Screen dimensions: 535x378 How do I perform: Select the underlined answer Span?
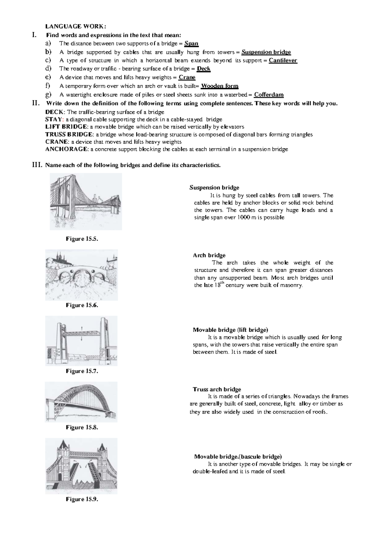pos(191,44)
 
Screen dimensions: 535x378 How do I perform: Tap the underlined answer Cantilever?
pos(283,61)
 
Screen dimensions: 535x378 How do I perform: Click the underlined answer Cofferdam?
pos(269,95)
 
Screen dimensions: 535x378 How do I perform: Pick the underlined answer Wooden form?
pos(220,86)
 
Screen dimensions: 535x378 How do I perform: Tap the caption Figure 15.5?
pos(82,239)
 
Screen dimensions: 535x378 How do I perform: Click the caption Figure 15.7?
pos(82,371)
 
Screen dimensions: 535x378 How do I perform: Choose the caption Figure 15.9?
pos(82,499)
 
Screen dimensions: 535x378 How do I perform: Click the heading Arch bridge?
pos(209,255)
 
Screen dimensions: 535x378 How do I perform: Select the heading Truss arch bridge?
pos(217,389)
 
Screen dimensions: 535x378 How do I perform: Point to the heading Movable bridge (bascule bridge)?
pos(238,456)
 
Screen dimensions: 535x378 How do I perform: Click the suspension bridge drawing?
pos(86,201)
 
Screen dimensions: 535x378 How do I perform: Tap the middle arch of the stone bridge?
pos(82,276)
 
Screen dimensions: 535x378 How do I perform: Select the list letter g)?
pos(48,94)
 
